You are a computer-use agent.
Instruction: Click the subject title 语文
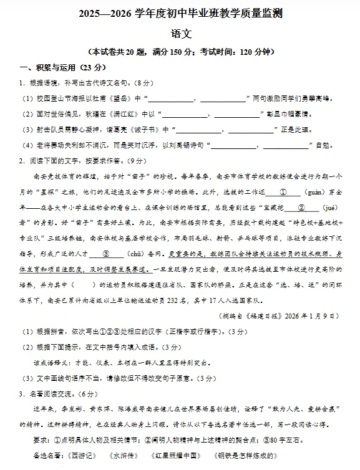click(180, 35)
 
